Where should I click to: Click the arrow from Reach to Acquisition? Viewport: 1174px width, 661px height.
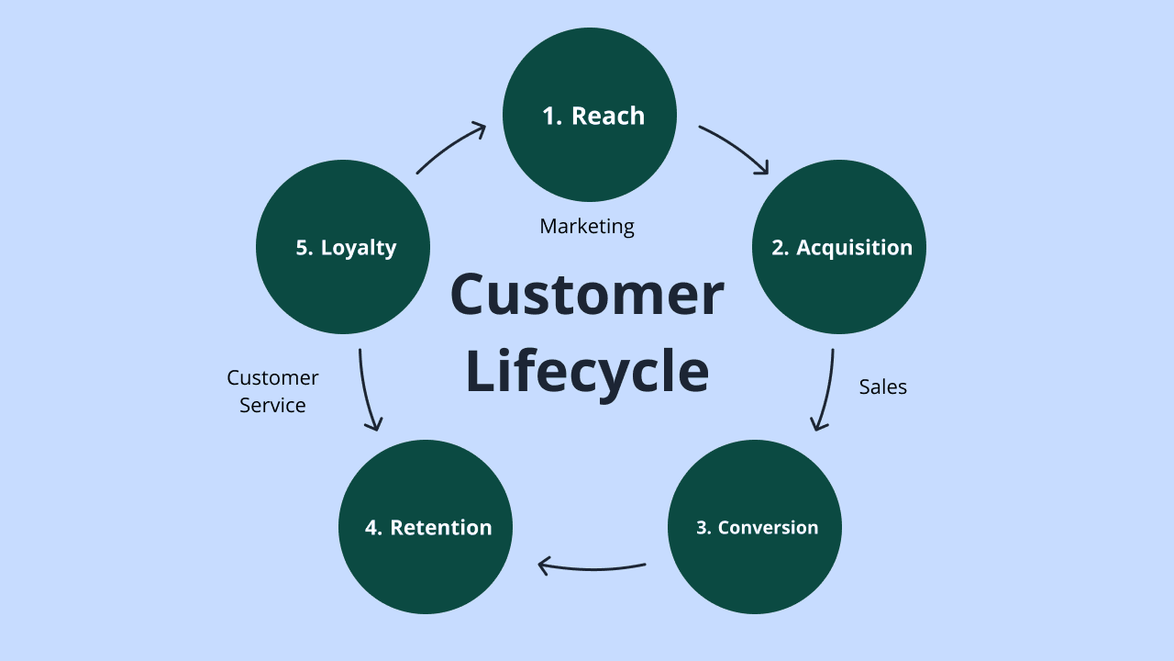click(x=734, y=147)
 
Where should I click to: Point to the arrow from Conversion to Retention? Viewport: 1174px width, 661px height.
click(x=592, y=567)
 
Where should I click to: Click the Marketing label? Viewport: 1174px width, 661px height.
click(x=587, y=226)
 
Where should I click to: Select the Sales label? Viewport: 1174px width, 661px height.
click(x=882, y=387)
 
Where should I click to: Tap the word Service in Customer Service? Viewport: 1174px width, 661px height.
click(x=272, y=405)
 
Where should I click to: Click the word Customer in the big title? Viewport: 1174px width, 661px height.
click(x=587, y=295)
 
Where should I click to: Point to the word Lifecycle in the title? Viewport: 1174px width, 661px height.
click(x=587, y=372)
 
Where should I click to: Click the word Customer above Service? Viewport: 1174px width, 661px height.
click(x=272, y=377)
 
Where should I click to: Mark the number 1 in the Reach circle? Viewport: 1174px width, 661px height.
click(x=550, y=116)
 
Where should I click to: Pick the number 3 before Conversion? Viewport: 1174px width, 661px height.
click(x=702, y=528)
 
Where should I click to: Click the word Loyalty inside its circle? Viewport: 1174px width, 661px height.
click(x=359, y=248)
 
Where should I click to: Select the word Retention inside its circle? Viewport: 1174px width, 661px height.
click(x=440, y=528)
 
